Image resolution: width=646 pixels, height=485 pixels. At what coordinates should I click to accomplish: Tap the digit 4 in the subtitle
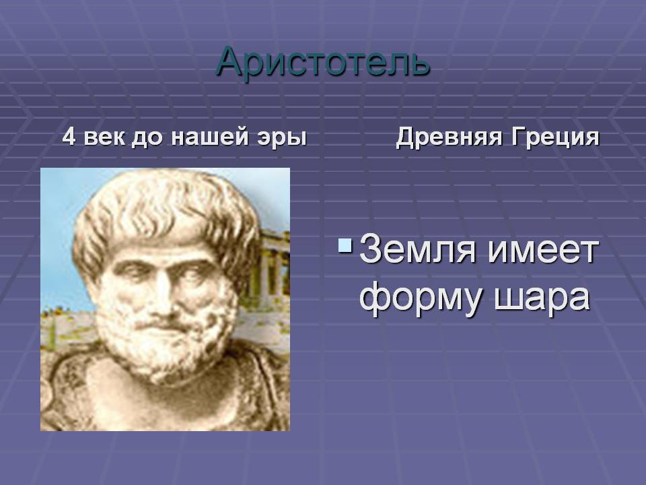pos(69,137)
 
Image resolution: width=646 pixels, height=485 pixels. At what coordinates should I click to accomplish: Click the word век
pos(104,137)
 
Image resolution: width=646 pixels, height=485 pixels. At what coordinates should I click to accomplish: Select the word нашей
pos(209,137)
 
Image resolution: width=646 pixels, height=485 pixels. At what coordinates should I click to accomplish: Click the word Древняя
pos(449,137)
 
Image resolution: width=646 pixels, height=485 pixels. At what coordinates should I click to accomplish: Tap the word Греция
pos(555,137)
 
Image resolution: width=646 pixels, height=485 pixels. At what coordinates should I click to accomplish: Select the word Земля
pos(418,249)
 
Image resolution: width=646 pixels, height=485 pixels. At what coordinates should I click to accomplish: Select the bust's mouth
pos(165,326)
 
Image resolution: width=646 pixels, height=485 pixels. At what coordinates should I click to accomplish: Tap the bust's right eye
pos(133,270)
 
